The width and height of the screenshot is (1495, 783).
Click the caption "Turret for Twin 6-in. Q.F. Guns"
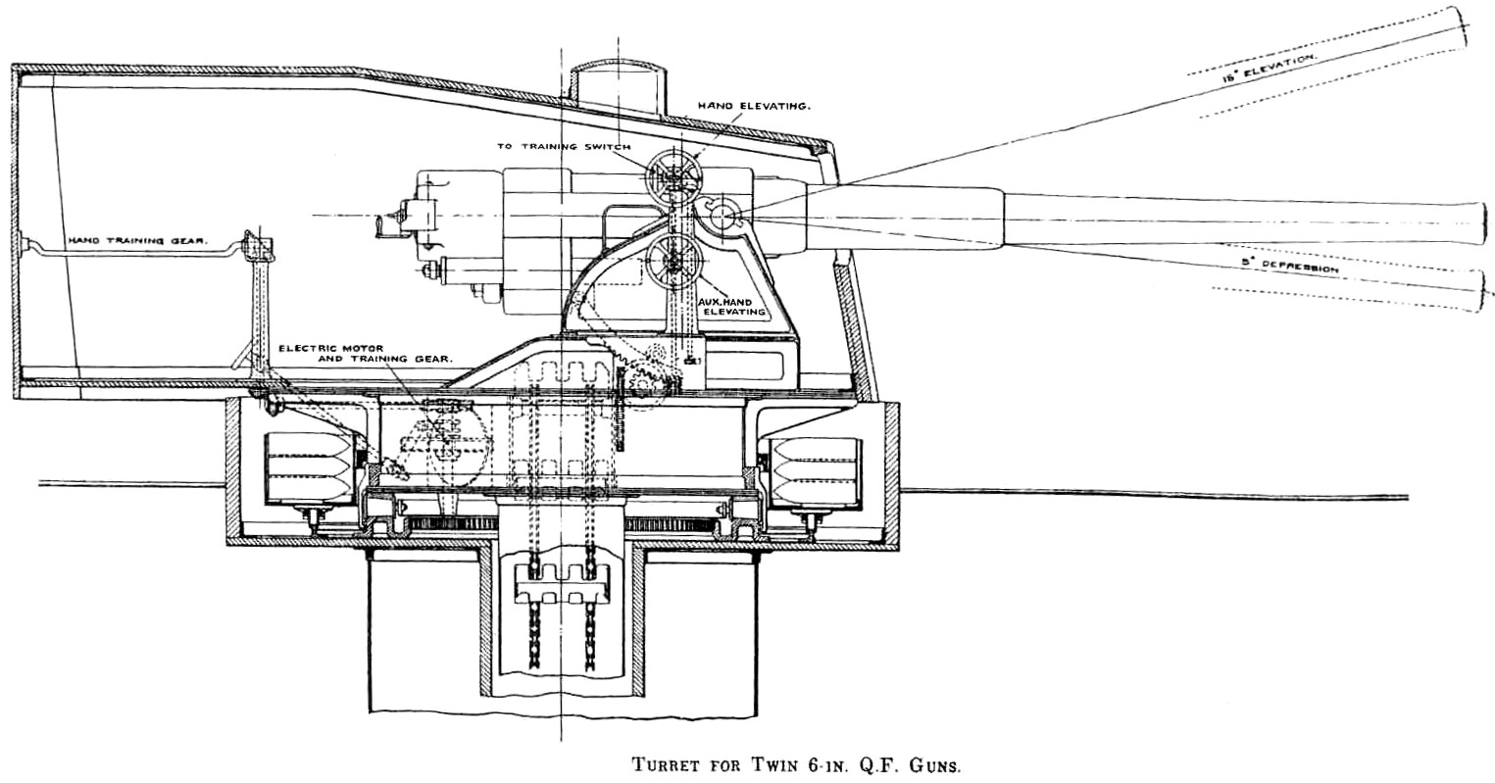(x=796, y=763)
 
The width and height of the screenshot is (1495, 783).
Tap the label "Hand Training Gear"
(x=137, y=241)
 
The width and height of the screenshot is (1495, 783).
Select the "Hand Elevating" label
(x=754, y=106)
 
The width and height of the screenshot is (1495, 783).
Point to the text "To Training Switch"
(x=564, y=147)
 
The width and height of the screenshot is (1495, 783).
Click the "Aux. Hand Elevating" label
(x=731, y=307)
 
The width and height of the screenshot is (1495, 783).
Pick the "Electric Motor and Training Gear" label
(x=366, y=354)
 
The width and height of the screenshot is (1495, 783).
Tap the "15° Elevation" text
(x=1269, y=68)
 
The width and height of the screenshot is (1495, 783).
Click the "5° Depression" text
(x=1290, y=266)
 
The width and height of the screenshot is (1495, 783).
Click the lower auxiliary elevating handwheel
(x=674, y=261)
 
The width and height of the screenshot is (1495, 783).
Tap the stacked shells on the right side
(x=815, y=470)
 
